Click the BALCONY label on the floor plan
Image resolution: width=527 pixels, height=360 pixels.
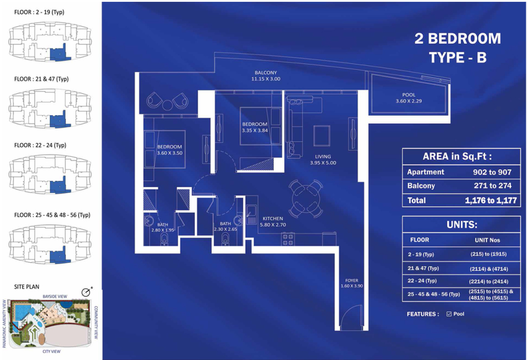pyautogui.click(x=265, y=73)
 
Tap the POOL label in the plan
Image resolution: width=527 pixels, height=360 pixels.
pyautogui.click(x=409, y=95)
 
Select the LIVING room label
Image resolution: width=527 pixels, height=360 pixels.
pyautogui.click(x=323, y=156)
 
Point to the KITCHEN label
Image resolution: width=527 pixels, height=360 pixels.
pyautogui.click(x=273, y=219)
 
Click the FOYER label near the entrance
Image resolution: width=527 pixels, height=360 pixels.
pyautogui.click(x=351, y=280)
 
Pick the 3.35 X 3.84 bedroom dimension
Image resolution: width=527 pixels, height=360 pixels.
pyautogui.click(x=255, y=130)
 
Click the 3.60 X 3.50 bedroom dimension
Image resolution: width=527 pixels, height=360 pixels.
pyautogui.click(x=170, y=153)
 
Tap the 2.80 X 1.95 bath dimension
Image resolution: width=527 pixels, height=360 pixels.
pyautogui.click(x=163, y=230)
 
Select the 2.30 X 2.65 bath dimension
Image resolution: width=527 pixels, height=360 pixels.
pyautogui.click(x=226, y=229)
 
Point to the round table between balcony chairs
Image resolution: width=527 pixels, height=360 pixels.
pyautogui.click(x=168, y=105)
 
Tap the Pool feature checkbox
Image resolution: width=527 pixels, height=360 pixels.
pyautogui.click(x=448, y=314)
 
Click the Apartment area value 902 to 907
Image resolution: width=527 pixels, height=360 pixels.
pyautogui.click(x=492, y=172)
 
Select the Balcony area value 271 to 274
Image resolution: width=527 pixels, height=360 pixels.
pyautogui.click(x=493, y=186)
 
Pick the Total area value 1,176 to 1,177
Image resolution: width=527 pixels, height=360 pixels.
pyautogui.click(x=491, y=201)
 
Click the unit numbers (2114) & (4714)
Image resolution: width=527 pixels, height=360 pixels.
pyautogui.click(x=489, y=269)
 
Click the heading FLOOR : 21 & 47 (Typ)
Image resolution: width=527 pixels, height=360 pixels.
pyautogui.click(x=41, y=79)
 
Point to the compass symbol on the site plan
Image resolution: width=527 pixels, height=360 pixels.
pyautogui.click(x=87, y=292)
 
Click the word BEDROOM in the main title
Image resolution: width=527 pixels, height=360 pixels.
pyautogui.click(x=464, y=38)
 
